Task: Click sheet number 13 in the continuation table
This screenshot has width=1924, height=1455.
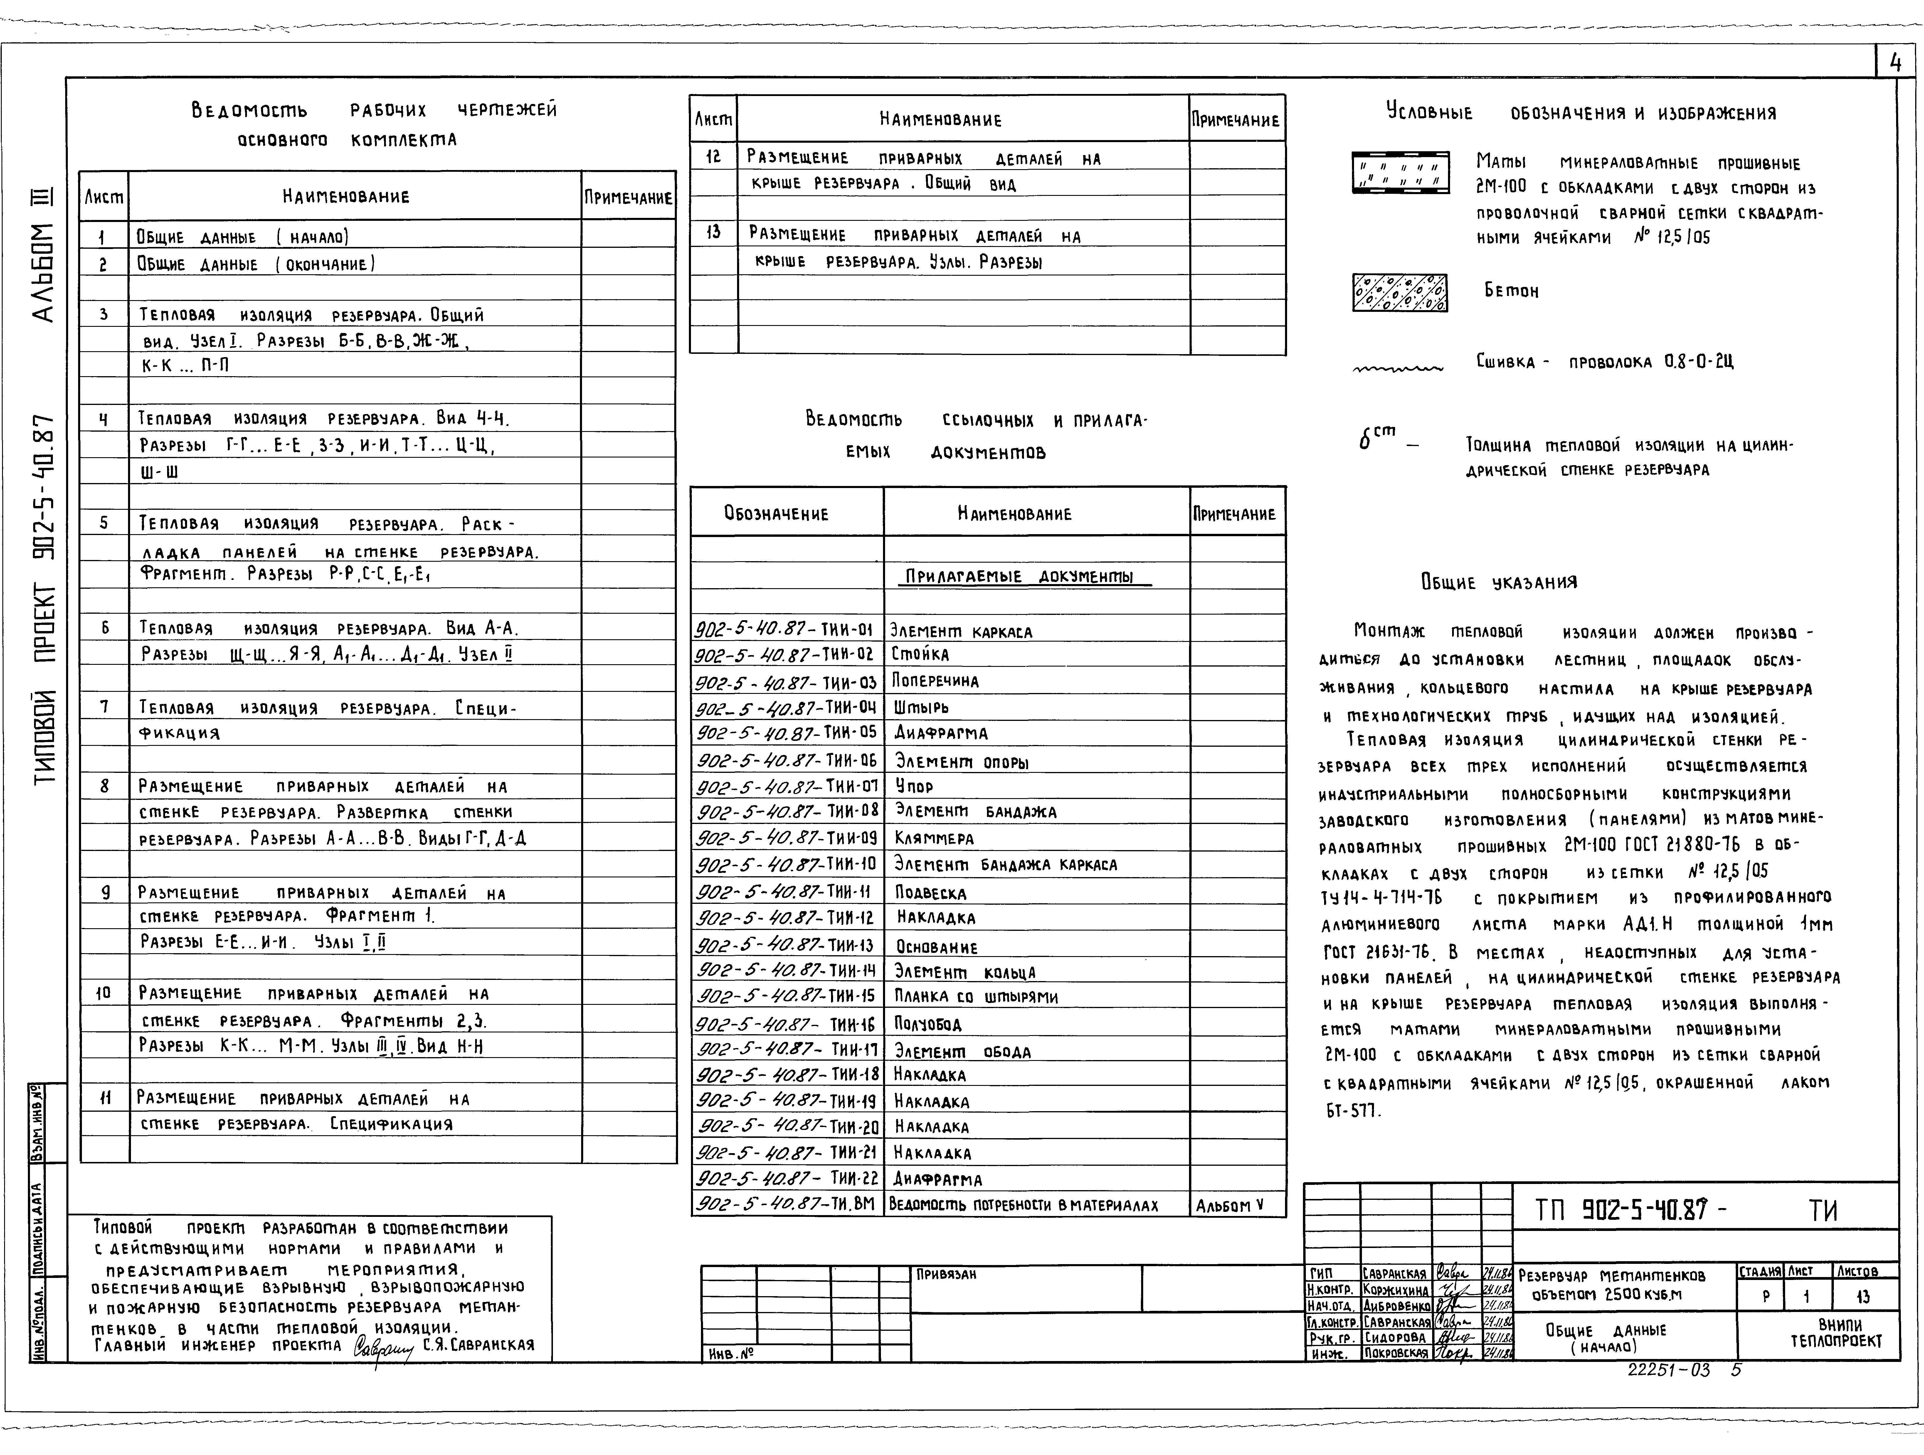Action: click(x=713, y=233)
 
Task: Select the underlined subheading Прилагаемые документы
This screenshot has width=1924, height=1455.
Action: click(x=1019, y=577)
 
